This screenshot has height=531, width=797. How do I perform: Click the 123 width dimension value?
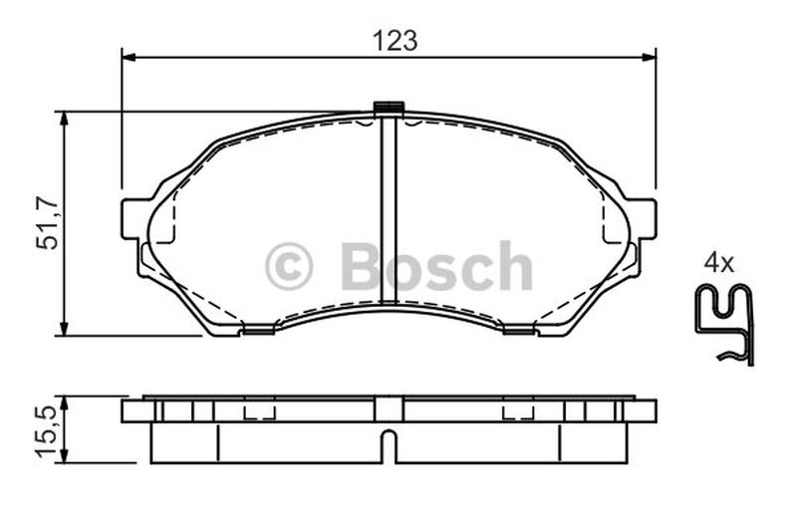click(395, 41)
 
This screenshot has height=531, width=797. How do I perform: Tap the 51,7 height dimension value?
click(47, 222)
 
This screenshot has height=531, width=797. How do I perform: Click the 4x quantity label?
click(718, 263)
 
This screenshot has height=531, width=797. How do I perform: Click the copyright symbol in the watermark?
click(289, 266)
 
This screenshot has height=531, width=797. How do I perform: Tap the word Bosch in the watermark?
click(437, 266)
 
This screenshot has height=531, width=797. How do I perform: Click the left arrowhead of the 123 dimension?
click(130, 57)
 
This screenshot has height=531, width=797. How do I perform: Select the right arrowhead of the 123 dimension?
click(650, 57)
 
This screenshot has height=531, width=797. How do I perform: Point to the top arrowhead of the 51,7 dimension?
click(64, 119)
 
